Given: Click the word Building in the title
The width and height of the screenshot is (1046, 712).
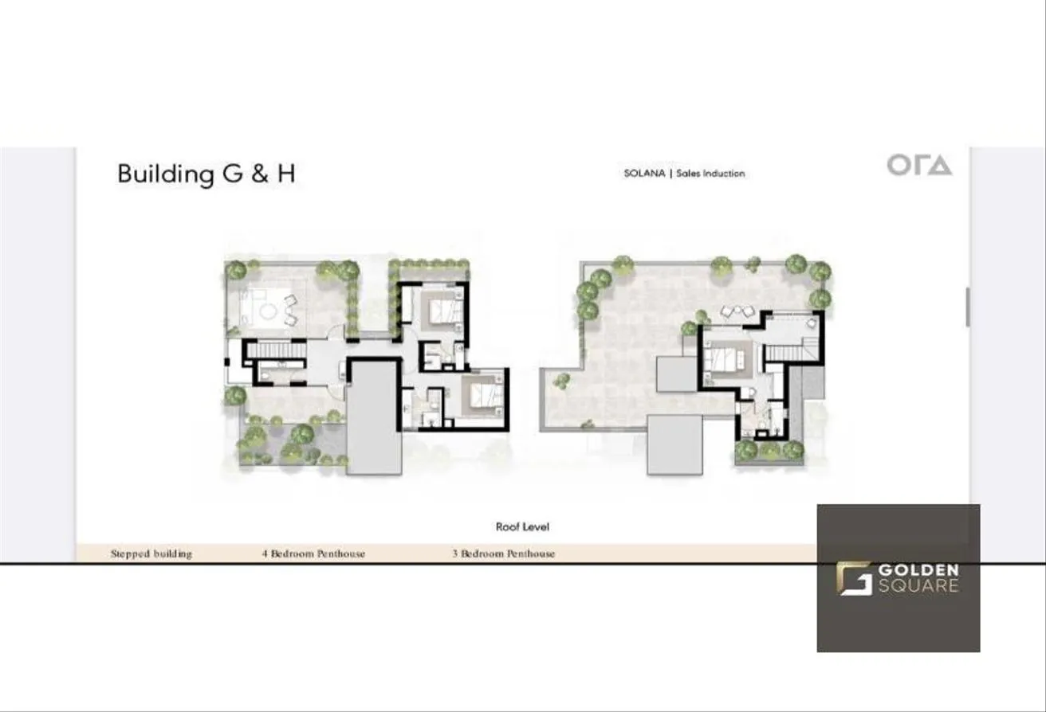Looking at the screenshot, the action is tap(166, 174).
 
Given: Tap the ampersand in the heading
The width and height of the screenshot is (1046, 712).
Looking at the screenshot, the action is tap(261, 173).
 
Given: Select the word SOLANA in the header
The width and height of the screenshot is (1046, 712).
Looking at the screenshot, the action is tap(644, 173).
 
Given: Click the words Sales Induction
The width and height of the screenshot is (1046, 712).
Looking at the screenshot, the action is tap(710, 173).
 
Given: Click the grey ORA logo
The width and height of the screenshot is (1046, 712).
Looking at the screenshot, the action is tap(919, 165).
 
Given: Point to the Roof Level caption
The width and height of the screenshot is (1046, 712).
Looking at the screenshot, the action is tap(522, 526).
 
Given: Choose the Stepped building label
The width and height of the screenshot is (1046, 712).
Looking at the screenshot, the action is tap(151, 554).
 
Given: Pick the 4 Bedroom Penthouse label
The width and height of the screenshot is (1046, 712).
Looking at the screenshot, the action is tap(313, 554).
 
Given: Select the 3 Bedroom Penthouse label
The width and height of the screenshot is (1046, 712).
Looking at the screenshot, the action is tap(503, 554).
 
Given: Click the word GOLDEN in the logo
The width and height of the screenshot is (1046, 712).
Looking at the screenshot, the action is tap(918, 570).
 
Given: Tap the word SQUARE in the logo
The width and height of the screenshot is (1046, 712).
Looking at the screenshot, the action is tap(918, 585).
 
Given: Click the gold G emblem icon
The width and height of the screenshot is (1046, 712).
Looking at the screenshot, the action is tap(854, 578).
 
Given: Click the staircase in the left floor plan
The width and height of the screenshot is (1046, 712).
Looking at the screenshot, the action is tap(276, 350).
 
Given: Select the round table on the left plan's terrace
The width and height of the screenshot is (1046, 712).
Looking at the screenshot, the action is tap(269, 311).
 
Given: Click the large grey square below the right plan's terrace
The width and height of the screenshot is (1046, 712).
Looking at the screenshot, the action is tap(674, 444).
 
